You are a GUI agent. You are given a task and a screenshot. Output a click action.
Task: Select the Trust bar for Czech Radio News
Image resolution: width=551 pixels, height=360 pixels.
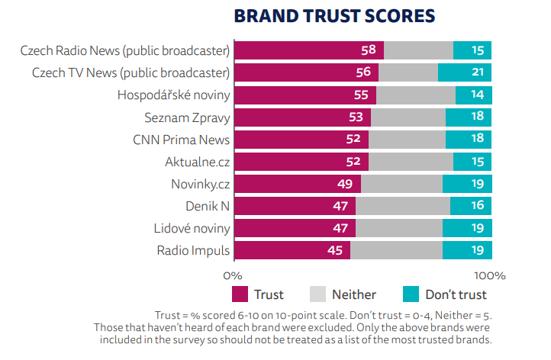pos(308,50)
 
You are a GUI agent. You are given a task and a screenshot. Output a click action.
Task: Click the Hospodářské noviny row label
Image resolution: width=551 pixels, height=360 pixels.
pos(173,95)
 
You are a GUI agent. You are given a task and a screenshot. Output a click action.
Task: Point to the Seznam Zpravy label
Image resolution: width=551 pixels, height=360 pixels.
pos(187,117)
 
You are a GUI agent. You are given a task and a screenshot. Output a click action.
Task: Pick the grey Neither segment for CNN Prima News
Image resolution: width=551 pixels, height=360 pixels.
pos(407,140)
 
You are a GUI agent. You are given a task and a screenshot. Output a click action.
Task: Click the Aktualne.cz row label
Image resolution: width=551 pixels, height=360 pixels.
pos(197,162)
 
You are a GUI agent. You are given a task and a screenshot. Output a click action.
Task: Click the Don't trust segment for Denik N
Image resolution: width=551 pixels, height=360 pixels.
pos(471,206)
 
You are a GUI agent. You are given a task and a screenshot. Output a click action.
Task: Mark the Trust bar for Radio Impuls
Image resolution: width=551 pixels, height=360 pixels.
pos(292,250)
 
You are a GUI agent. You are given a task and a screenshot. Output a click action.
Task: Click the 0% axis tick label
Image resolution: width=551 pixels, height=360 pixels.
pos(232,275)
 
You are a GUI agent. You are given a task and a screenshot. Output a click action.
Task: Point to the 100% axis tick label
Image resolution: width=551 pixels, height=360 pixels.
pos(489,275)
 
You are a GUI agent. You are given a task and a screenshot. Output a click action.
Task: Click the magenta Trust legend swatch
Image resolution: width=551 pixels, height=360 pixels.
pos(240,294)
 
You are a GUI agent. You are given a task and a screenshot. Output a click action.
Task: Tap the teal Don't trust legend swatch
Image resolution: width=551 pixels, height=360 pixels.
pos(411,294)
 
